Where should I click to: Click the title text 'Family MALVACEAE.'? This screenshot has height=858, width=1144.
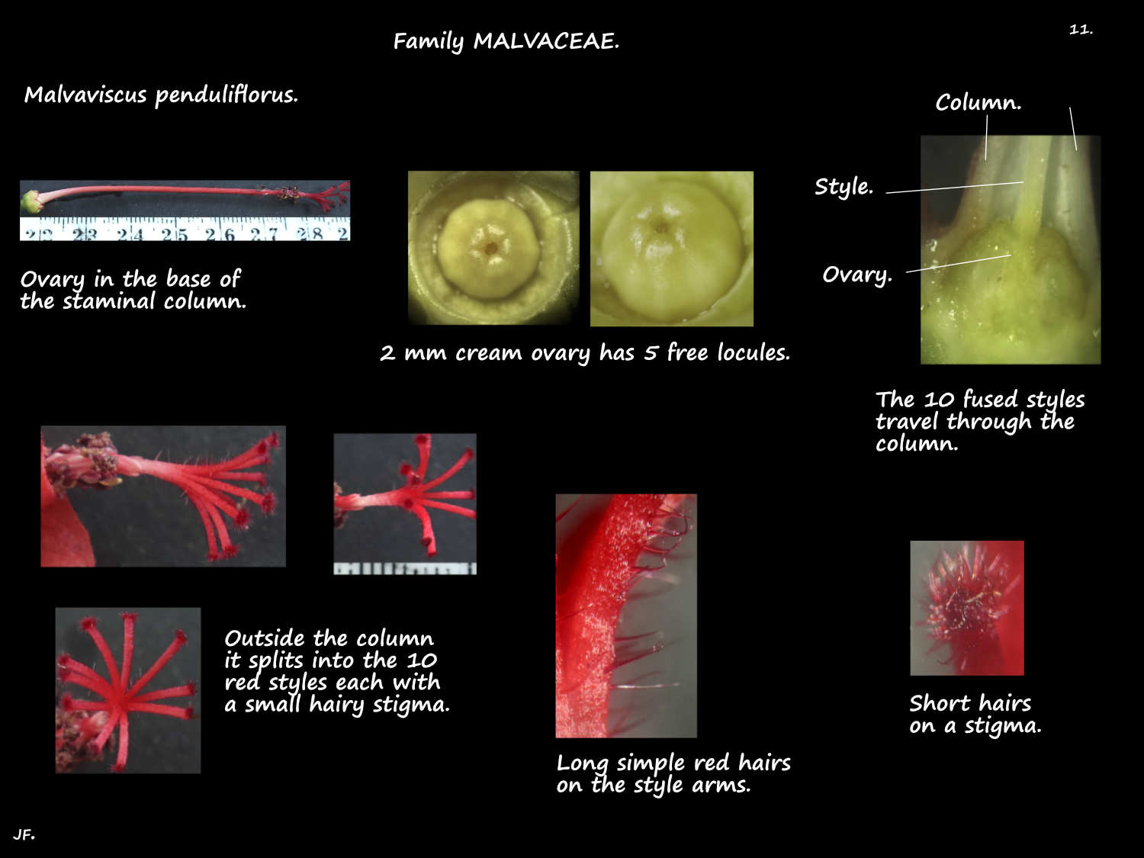506,41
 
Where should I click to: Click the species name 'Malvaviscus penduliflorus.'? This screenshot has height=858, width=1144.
161,95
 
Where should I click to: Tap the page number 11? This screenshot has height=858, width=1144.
1081,29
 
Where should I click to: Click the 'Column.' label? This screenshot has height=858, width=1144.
979,102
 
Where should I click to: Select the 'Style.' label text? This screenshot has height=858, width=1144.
844,187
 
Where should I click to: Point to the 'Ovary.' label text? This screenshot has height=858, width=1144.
857,275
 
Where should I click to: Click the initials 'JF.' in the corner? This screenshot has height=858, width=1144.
24,834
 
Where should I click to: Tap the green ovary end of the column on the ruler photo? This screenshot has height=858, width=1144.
32,201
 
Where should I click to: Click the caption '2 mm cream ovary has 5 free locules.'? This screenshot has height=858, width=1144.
585,353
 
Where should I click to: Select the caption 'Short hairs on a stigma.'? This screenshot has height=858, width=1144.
975,714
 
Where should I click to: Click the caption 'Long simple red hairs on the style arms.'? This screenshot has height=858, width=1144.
673,773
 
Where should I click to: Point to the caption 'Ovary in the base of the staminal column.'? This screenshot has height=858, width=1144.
133,290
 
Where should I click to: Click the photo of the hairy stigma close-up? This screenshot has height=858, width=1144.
967,608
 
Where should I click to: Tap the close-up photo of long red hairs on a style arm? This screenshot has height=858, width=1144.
626,615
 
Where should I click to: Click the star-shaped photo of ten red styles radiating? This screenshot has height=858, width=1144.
128,690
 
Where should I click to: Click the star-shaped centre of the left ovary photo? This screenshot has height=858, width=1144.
490,248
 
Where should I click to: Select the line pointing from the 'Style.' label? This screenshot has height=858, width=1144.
955,188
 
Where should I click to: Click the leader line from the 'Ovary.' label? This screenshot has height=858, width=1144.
959,264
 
